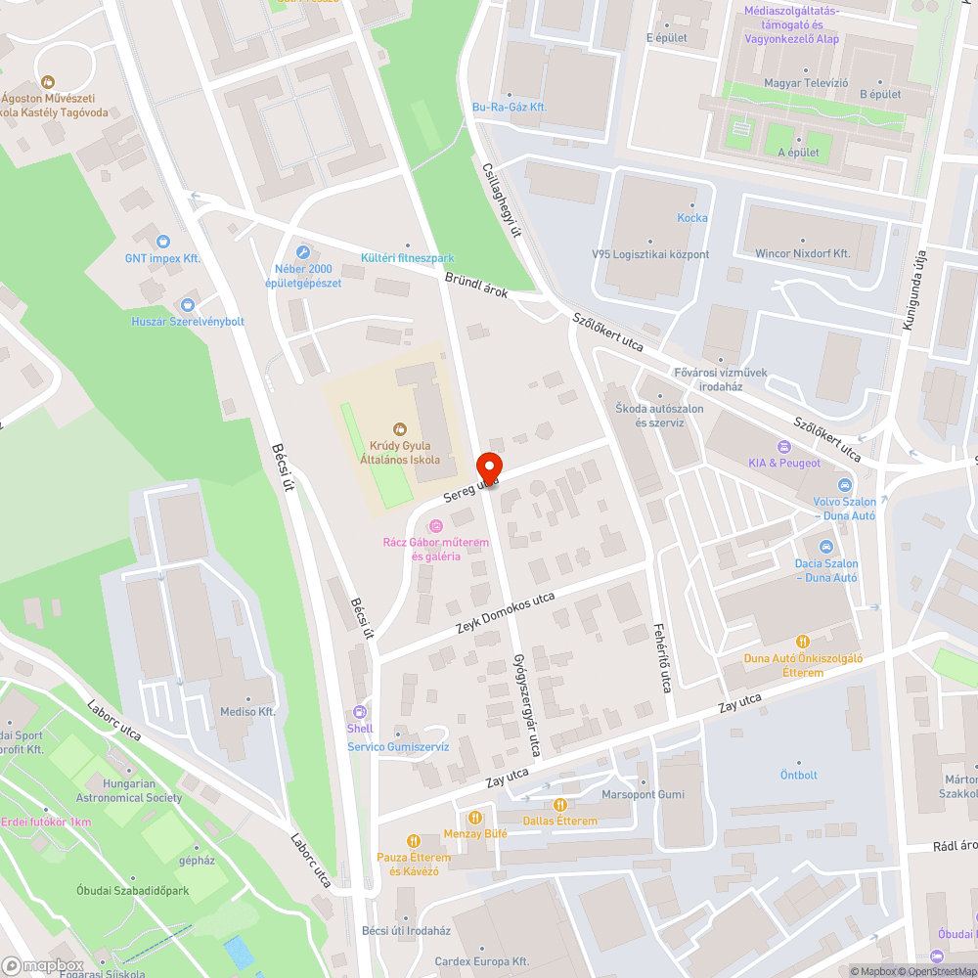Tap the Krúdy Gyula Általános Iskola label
(x=400, y=453)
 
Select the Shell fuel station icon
(x=360, y=713)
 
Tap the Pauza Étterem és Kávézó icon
(x=413, y=840)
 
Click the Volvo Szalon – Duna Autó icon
(x=843, y=486)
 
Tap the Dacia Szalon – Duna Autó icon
(x=826, y=547)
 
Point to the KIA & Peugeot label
(x=784, y=463)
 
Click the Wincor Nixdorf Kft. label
(x=802, y=253)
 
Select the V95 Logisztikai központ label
(x=650, y=254)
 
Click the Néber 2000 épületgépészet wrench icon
(x=303, y=252)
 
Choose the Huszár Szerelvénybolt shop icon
(x=188, y=305)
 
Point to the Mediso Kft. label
(x=247, y=712)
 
